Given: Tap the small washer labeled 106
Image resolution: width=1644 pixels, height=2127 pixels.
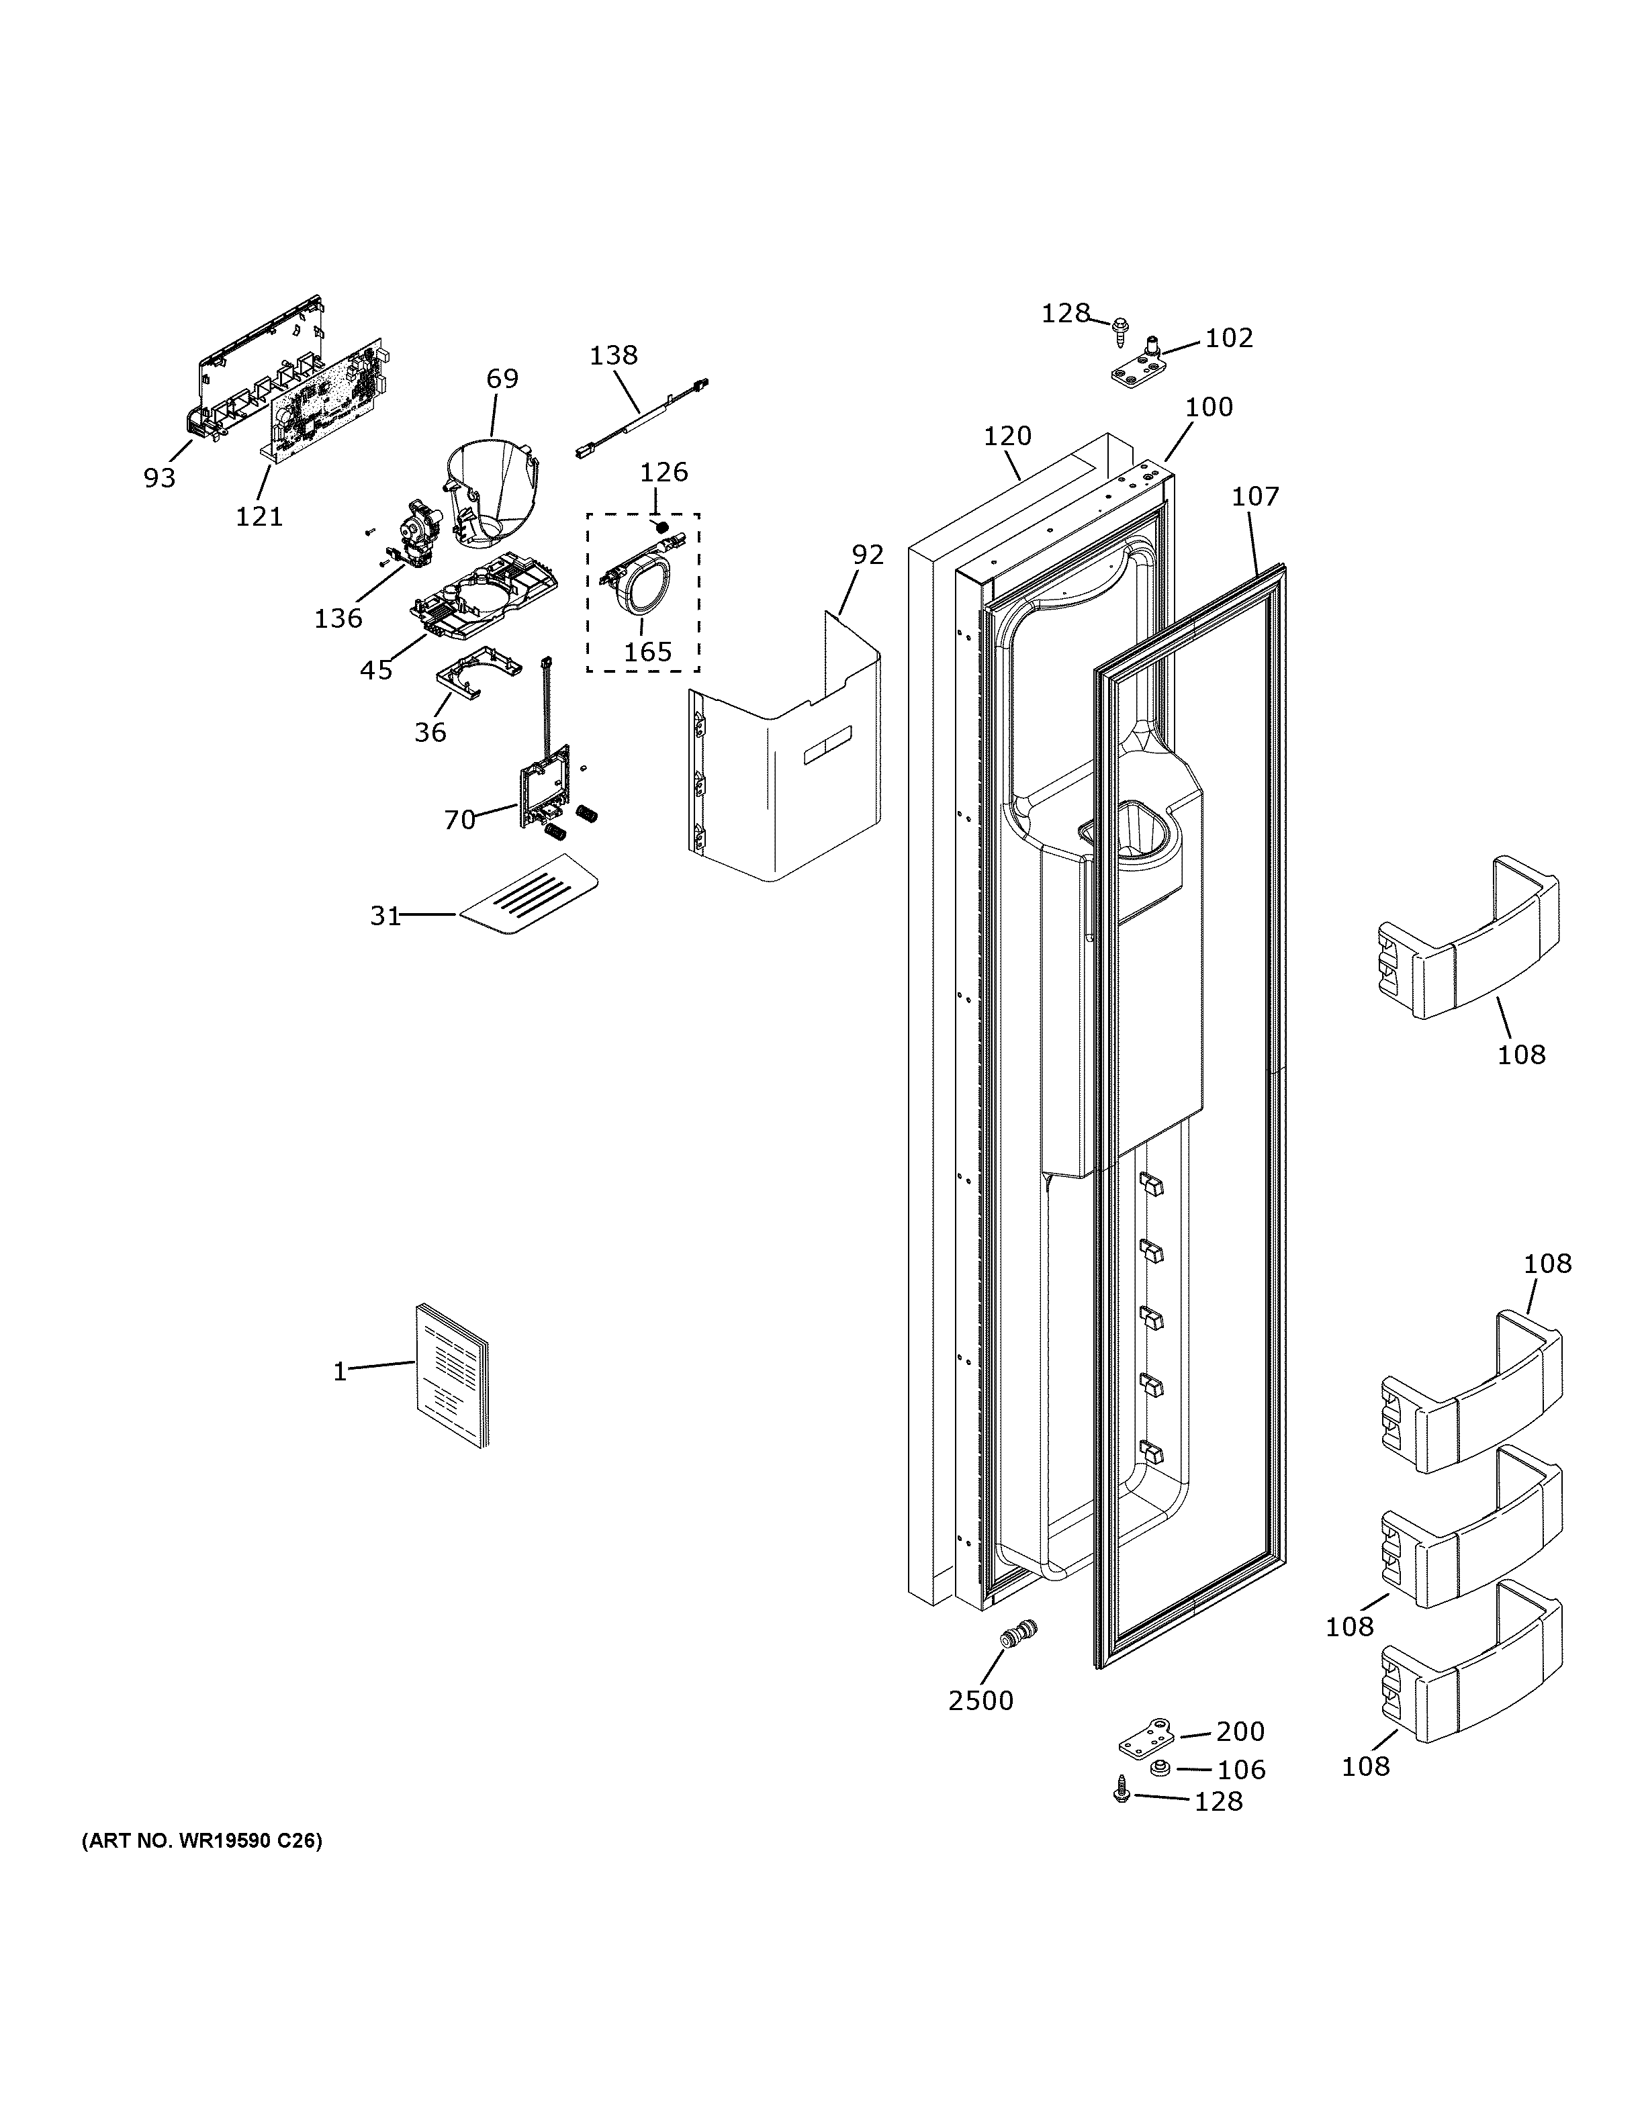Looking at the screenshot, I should tap(1160, 1768).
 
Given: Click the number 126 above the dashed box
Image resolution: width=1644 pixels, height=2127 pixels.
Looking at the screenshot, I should tap(664, 473).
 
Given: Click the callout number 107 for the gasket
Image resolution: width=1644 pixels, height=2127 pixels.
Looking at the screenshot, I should tap(1254, 497).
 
